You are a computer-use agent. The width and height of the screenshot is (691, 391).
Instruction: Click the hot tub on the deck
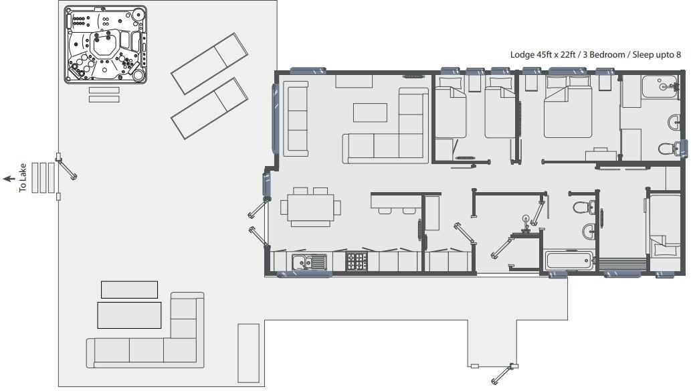[105, 46]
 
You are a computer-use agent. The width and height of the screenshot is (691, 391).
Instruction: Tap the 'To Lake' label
[23, 178]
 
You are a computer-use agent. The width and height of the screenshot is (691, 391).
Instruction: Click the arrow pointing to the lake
[9, 178]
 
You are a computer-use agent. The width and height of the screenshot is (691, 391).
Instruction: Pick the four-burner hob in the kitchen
[356, 261]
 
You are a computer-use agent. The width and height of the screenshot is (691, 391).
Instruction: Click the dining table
[310, 207]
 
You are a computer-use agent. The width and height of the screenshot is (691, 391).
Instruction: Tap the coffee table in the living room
[370, 112]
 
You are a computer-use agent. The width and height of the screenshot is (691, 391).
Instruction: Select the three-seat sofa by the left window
[296, 118]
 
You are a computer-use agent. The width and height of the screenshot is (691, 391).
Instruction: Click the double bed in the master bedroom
[567, 107]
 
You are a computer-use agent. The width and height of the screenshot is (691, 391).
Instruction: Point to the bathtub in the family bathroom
[569, 260]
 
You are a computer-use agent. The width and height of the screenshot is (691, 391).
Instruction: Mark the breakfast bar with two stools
[395, 202]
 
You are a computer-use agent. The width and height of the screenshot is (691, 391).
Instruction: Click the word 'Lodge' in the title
[522, 55]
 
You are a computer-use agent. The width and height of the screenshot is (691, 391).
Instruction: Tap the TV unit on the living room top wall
[354, 81]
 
